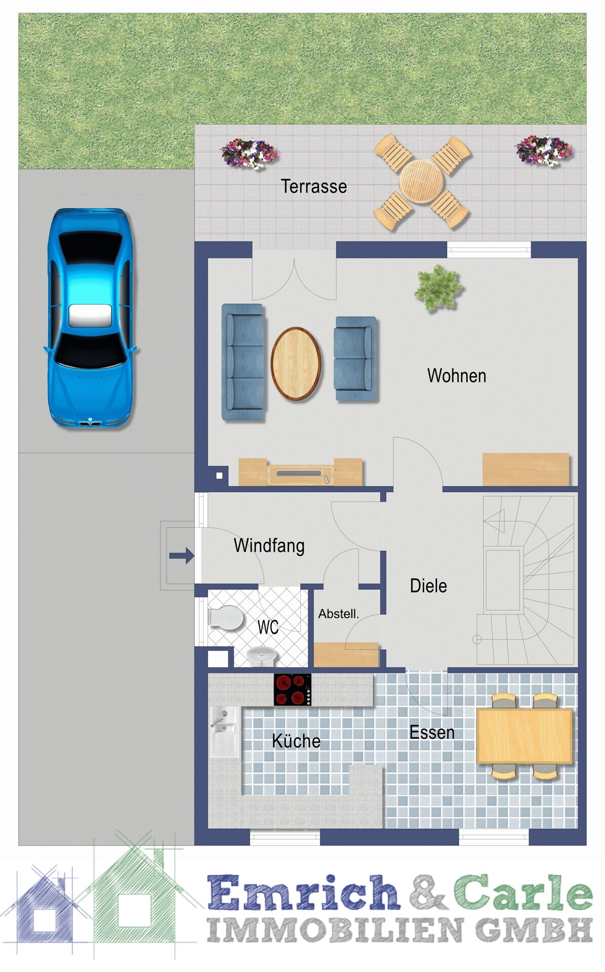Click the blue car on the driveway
coord(90,318)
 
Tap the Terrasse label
coord(314,186)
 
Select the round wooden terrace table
coord(421,181)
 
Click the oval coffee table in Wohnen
coord(296,363)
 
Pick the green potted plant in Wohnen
coord(438,288)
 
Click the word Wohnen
coord(457,376)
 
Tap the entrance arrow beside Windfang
coord(182,555)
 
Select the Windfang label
coord(269,546)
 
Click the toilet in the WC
coord(226,618)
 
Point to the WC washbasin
coord(262,657)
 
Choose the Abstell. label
coord(338,614)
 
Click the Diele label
coord(428,586)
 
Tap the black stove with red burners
coord(293,690)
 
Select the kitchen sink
coord(224,732)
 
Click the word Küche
coord(296,741)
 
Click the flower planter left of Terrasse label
coord(249,153)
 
